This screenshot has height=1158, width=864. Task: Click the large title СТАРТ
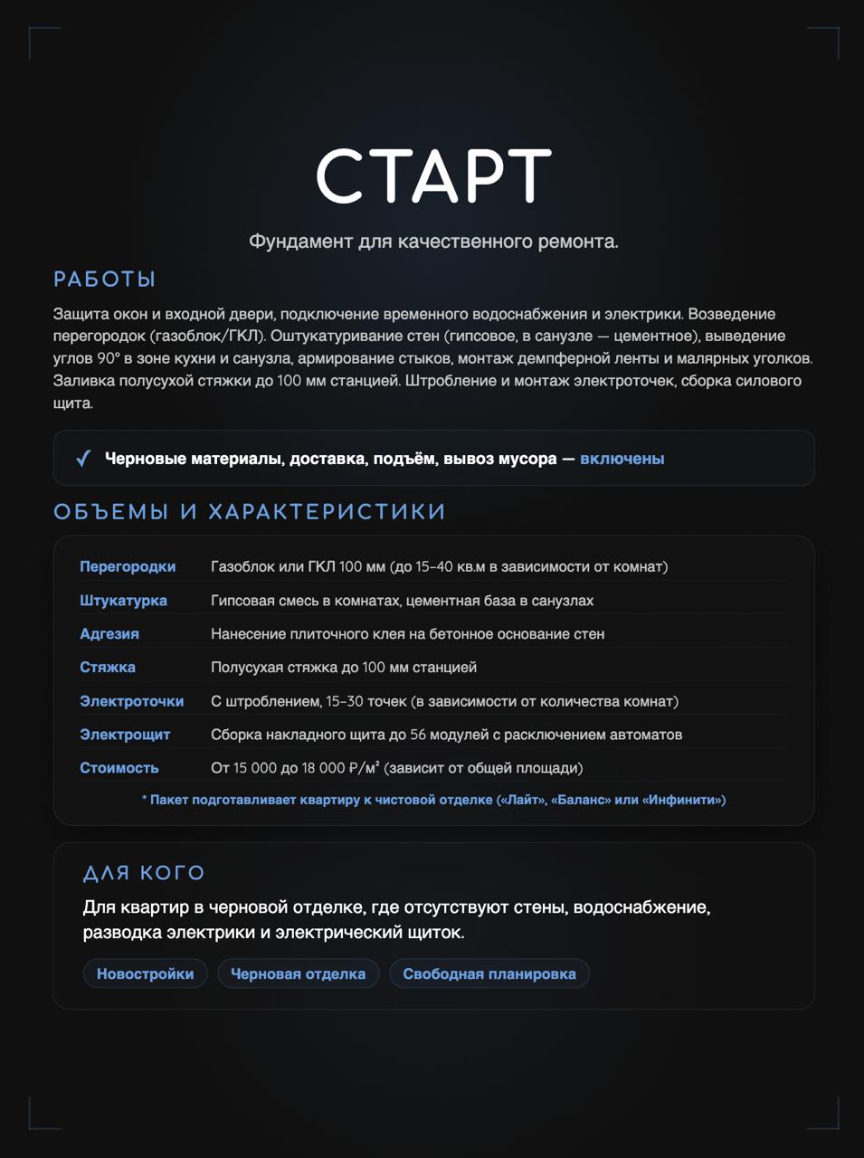click(432, 176)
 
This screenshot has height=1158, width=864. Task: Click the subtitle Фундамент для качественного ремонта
click(433, 242)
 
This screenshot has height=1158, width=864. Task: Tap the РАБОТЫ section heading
click(105, 280)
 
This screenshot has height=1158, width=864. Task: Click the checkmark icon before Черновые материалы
click(83, 459)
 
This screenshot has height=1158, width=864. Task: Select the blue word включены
click(622, 459)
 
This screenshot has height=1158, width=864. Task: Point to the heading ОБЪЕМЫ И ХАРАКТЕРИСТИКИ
click(250, 512)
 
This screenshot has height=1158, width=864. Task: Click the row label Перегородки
click(128, 567)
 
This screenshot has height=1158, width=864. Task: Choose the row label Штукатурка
click(123, 601)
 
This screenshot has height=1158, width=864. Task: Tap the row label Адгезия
click(109, 634)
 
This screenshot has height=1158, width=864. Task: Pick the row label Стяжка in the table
click(108, 668)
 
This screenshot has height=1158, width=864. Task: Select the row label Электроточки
click(131, 701)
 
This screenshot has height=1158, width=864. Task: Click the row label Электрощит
click(125, 735)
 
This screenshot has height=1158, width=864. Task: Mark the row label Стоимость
click(119, 768)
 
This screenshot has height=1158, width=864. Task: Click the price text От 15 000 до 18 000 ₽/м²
click(396, 768)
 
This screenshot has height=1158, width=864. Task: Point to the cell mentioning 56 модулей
click(446, 735)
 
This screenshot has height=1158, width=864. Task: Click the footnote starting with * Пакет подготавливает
click(433, 800)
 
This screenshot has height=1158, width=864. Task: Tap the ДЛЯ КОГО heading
click(144, 873)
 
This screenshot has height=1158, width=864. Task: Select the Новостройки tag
click(145, 974)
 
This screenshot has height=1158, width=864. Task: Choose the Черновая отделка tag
click(298, 974)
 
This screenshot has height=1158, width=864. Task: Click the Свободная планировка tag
click(489, 974)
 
